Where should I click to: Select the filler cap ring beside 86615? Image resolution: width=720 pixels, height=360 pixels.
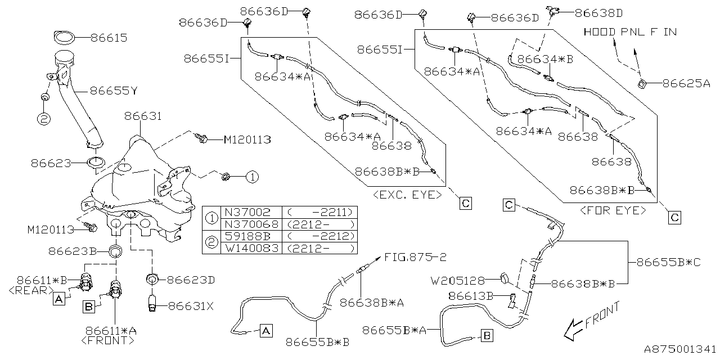tap(65, 38)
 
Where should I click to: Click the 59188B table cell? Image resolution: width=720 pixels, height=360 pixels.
tap(247, 236)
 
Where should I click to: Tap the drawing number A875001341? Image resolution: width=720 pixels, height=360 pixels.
tap(679, 349)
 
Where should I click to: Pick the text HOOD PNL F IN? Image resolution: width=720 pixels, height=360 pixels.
tap(630, 31)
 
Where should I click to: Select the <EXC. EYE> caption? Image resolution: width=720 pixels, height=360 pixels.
tap(407, 195)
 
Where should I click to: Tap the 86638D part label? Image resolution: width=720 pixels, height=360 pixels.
tap(598, 12)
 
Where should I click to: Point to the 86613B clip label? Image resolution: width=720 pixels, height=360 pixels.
tap(471, 295)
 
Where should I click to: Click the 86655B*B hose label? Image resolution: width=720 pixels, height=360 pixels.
tap(317, 341)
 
